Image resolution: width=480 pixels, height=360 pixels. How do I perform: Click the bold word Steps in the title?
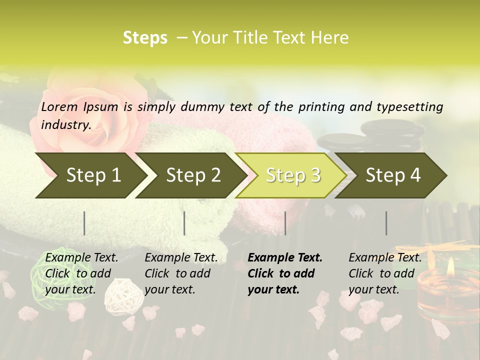tap(145, 38)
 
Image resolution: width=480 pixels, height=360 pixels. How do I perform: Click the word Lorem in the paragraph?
tap(59, 106)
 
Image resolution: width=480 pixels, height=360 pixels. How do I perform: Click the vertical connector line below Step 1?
tap(84, 223)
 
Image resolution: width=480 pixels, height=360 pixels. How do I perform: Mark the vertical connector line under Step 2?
tap(184, 223)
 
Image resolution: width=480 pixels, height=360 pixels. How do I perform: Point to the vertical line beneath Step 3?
tap(285, 223)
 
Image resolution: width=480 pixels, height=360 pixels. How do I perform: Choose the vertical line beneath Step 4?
tap(386, 223)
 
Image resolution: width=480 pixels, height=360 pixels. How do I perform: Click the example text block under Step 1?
tap(81, 273)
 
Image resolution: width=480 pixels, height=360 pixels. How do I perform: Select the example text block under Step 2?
tap(180, 273)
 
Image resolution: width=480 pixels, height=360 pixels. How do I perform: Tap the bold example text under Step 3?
tap(284, 273)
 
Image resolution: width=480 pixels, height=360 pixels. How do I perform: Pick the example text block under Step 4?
tap(384, 273)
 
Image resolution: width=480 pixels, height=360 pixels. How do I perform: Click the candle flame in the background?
tap(450, 265)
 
